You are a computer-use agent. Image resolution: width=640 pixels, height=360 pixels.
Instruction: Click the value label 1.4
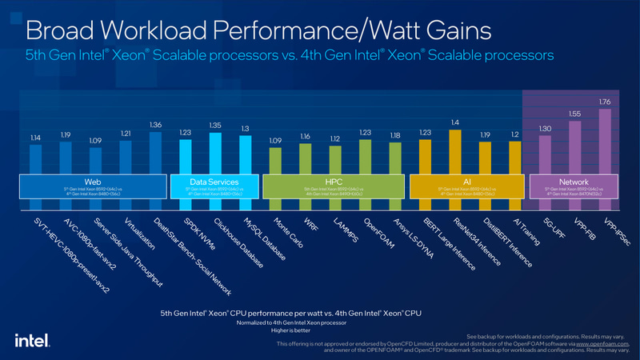[x=455, y=122]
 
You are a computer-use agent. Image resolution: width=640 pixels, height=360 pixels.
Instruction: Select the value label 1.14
[x=36, y=138]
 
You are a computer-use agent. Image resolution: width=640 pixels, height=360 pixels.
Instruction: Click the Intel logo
[x=29, y=339]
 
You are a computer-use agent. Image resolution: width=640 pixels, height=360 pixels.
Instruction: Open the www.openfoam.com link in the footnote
[x=588, y=343]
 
